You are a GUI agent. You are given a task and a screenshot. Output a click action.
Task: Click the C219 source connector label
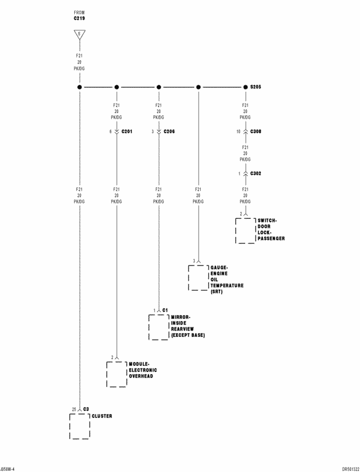[x=79, y=18]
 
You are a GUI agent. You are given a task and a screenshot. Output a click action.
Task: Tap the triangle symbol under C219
[x=79, y=34]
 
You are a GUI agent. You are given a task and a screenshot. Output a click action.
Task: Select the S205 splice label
[x=256, y=87]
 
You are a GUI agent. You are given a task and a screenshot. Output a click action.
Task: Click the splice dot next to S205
[x=245, y=87]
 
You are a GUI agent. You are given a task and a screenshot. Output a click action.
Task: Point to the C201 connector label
[x=127, y=132]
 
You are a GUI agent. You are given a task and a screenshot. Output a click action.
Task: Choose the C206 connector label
[x=169, y=132]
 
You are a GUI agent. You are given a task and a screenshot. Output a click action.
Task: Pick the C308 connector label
[x=256, y=132]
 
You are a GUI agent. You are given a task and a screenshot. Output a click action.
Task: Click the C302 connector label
[x=256, y=173]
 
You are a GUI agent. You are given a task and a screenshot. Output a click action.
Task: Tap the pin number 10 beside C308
[x=238, y=132]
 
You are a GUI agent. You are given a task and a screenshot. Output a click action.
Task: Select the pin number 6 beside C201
[x=111, y=132]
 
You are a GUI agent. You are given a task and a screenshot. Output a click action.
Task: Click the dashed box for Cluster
[x=79, y=426]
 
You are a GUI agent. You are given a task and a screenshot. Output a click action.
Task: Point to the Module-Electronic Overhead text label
[x=143, y=370]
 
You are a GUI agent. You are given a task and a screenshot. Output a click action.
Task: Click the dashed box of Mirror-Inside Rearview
[x=159, y=327]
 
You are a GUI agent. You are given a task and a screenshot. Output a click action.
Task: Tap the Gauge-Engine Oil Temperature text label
[x=227, y=280]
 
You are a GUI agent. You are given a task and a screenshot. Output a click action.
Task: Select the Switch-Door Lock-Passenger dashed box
[x=245, y=230]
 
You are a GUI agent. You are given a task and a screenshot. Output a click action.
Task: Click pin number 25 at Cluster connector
[x=74, y=409]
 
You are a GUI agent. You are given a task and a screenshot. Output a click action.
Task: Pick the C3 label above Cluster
[x=86, y=409]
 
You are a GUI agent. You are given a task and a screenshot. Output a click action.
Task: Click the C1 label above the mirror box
[x=165, y=310]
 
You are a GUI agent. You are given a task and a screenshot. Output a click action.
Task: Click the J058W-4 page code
[x=8, y=468]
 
